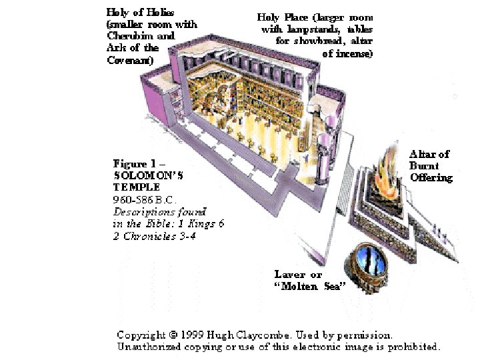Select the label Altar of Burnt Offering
coord(430,166)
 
